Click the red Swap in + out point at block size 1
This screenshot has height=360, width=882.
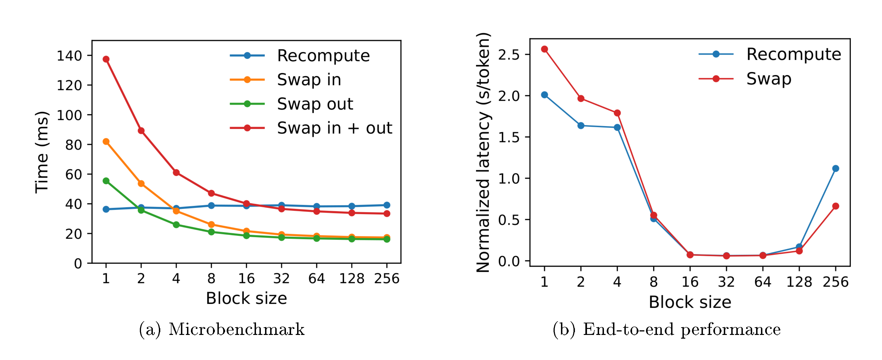(x=106, y=59)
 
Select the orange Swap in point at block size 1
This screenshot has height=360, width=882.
(x=106, y=142)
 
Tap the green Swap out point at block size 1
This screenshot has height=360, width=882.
(x=106, y=181)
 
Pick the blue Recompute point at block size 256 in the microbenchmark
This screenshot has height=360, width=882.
(x=387, y=205)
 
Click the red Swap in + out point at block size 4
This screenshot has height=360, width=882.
(x=176, y=172)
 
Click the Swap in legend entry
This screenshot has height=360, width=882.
(x=309, y=80)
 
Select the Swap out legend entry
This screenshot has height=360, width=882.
(x=315, y=104)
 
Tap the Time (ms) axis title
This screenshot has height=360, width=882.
(x=42, y=152)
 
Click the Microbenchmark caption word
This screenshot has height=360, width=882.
(x=236, y=329)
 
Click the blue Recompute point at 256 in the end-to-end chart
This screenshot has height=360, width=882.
(x=836, y=168)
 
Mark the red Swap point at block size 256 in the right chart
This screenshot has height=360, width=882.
(x=836, y=206)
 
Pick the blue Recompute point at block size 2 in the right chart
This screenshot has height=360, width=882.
(x=581, y=126)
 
